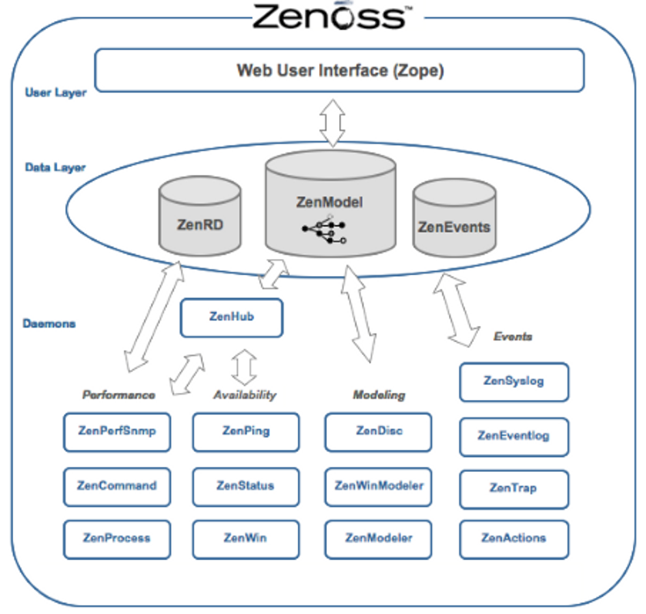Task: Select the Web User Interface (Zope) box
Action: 339,70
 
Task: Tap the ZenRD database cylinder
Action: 199,216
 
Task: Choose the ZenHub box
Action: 231,317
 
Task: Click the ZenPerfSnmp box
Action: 117,432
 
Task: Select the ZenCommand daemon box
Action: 117,487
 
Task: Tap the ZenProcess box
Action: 117,539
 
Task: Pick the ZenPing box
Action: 245,432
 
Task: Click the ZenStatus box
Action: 245,487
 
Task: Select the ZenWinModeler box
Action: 379,487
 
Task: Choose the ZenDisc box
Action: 379,432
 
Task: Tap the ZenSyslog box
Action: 514,382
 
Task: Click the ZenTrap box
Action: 514,488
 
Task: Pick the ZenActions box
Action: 514,539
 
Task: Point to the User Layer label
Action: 55,93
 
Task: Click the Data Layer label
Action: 55,168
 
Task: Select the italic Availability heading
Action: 245,395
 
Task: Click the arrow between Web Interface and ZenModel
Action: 333,123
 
